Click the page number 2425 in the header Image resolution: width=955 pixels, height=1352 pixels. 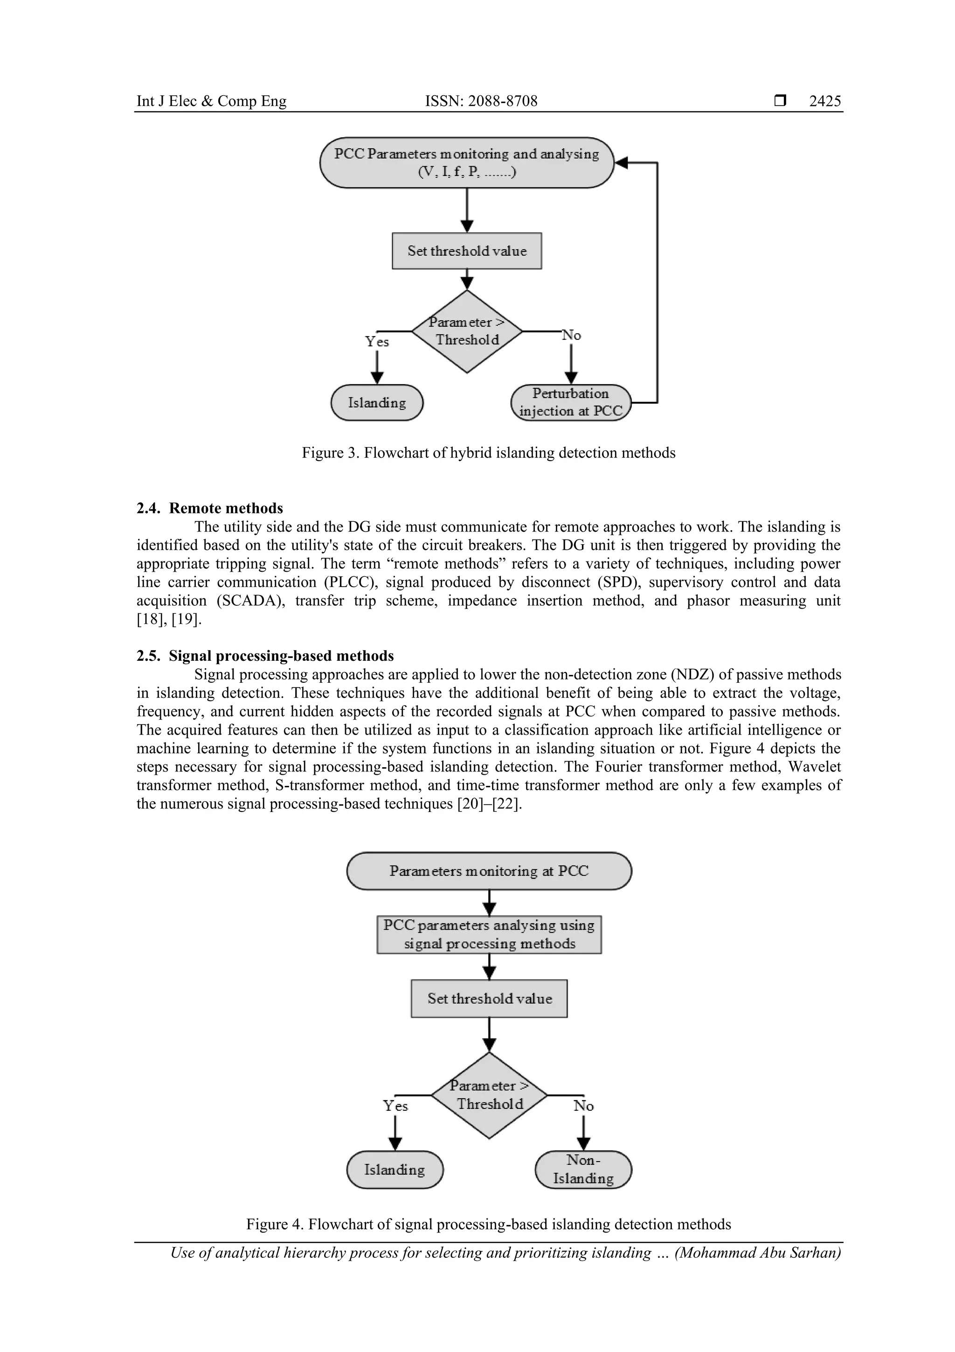pyautogui.click(x=824, y=101)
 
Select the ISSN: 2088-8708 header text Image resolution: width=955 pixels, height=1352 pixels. pyautogui.click(x=481, y=101)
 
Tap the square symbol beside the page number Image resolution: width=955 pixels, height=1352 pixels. pyautogui.click(x=780, y=101)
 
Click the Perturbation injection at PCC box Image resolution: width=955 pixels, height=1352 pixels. pyautogui.click(x=571, y=403)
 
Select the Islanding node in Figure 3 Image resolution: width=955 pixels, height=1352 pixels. pyautogui.click(x=377, y=403)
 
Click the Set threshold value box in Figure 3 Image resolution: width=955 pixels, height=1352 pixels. pyautogui.click(x=467, y=252)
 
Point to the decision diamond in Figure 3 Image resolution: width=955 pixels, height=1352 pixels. pyautogui.click(x=467, y=331)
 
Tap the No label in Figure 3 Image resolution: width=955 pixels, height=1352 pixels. pyautogui.click(x=571, y=336)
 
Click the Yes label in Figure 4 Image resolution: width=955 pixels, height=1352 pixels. pyautogui.click(x=395, y=1106)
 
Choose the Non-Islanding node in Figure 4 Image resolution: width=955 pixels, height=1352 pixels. pyautogui.click(x=583, y=1170)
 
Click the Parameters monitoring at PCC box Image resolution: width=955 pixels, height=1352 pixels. pyautogui.click(x=489, y=871)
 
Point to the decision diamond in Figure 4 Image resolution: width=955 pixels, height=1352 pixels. pyautogui.click(x=489, y=1095)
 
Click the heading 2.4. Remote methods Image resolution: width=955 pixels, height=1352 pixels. pyautogui.click(x=209, y=508)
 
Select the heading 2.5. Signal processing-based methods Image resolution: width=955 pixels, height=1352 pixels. pyautogui.click(x=265, y=656)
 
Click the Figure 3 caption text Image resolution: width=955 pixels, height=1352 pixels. pyautogui.click(x=488, y=453)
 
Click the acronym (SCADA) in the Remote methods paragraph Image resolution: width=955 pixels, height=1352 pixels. pyautogui.click(x=245, y=601)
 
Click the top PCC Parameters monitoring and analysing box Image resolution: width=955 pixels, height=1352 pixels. pyautogui.click(x=467, y=162)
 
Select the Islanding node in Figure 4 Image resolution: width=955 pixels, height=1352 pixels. pyautogui.click(x=395, y=1170)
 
